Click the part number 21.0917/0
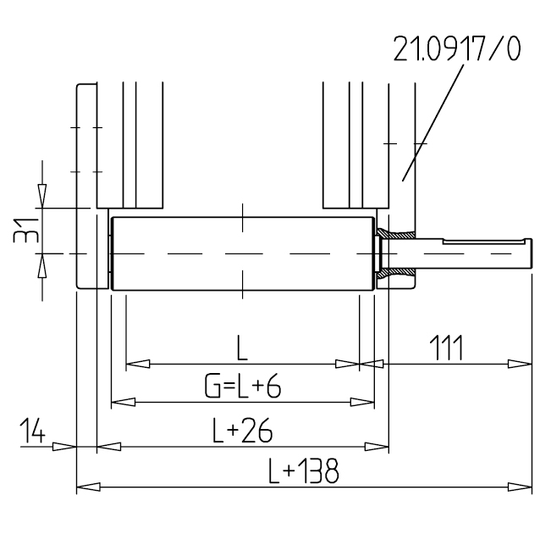[457, 48]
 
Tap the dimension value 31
[25, 231]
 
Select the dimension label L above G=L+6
[242, 348]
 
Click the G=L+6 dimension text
[243, 387]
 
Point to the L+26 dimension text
[242, 430]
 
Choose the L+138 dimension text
[303, 470]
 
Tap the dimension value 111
[446, 348]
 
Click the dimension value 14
[32, 430]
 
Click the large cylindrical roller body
[242, 253]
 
